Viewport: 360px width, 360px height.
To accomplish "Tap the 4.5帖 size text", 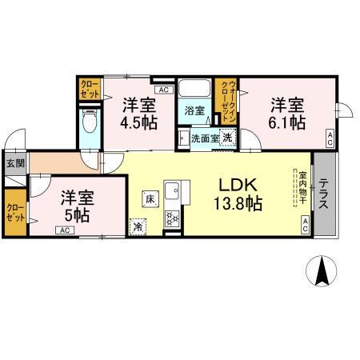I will pyautogui.click(x=139, y=123).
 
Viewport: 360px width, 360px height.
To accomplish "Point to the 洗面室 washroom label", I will pyautogui.click(x=202, y=137).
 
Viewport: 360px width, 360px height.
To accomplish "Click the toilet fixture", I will pyautogui.click(x=89, y=121).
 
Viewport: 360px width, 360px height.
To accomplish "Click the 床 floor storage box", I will pyautogui.click(x=150, y=196).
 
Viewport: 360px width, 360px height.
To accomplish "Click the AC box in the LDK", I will pyautogui.click(x=304, y=225).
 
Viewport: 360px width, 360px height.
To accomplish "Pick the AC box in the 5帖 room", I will pyautogui.click(x=62, y=230).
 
